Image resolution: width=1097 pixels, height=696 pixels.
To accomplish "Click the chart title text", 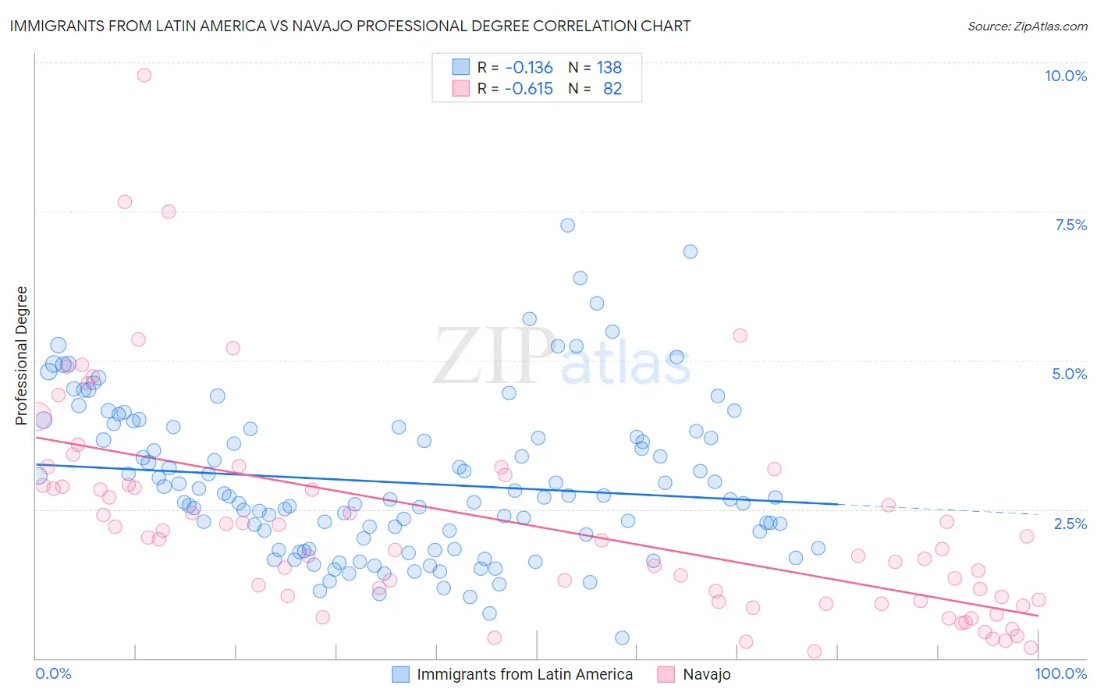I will (350, 26).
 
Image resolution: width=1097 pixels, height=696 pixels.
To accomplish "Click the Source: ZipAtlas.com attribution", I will (1027, 26).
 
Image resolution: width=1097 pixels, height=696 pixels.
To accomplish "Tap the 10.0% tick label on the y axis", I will (1065, 76).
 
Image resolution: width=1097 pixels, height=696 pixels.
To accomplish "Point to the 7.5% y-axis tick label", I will (1070, 225).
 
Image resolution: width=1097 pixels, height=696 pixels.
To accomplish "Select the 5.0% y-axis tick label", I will (1069, 374).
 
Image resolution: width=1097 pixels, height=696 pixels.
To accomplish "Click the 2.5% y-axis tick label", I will (1070, 524).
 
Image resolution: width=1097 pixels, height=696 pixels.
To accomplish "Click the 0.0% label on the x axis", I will (53, 673).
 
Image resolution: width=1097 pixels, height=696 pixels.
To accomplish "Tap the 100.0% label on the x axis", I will (1060, 673).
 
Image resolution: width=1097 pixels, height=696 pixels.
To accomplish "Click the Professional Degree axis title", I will (22, 356).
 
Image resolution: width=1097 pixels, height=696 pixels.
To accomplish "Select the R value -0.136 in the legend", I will (528, 67).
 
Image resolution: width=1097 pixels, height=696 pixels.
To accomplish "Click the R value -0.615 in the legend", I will (528, 88).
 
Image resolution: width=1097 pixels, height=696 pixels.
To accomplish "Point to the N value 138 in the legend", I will (609, 67).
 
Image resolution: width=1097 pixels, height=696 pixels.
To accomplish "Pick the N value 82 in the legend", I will (612, 88).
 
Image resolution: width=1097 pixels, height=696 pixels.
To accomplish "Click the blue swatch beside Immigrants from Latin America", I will (400, 674).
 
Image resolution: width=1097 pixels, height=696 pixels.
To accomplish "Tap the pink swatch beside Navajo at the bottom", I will (666, 674).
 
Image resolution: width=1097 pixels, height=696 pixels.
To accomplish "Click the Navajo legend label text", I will (707, 674).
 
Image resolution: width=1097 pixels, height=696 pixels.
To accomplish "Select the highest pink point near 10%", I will (144, 75).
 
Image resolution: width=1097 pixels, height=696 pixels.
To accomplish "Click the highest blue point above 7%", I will (567, 225).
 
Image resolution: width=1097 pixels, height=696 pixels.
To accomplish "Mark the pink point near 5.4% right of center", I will (740, 336).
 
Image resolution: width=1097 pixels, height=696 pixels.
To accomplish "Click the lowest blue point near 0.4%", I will (622, 637).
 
